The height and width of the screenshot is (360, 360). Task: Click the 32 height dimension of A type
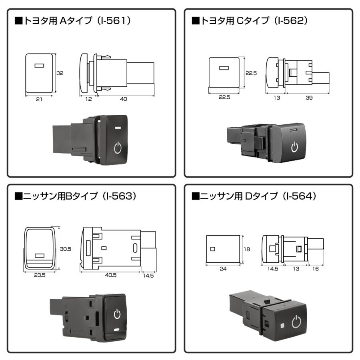click(60, 73)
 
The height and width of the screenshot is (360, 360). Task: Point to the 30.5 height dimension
click(65, 248)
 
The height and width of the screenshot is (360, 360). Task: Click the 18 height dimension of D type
click(247, 249)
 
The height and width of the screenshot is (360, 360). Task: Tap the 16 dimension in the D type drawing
click(315, 269)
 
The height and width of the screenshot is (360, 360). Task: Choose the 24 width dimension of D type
click(223, 269)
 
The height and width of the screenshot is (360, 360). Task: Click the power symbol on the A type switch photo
click(118, 148)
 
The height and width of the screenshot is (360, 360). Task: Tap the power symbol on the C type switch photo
click(294, 147)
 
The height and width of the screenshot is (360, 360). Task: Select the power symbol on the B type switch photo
click(117, 314)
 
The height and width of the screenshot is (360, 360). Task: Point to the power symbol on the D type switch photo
click(296, 322)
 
